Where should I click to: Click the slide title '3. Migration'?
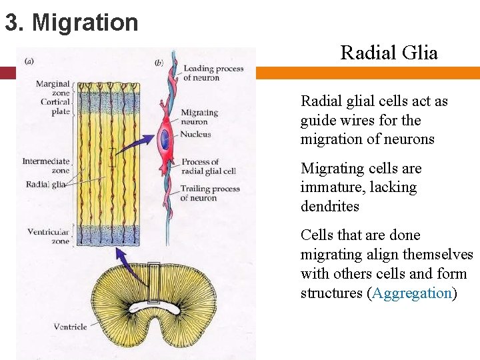[71, 23]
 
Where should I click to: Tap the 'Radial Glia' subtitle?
[389, 53]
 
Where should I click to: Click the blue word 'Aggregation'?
[412, 293]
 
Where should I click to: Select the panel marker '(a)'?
[30, 61]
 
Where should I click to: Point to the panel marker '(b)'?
[159, 63]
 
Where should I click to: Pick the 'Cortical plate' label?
[55, 107]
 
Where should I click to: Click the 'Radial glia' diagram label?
[45, 185]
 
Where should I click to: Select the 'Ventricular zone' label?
[49, 236]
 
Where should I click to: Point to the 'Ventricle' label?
[71, 327]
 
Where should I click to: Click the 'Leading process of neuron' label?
[213, 73]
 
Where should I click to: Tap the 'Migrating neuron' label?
[199, 117]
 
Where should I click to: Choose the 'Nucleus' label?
[195, 134]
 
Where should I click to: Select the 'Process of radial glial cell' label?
[208, 166]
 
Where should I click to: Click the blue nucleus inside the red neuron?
[165, 140]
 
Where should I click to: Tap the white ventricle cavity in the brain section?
[155, 307]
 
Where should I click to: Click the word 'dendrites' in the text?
[330, 207]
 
